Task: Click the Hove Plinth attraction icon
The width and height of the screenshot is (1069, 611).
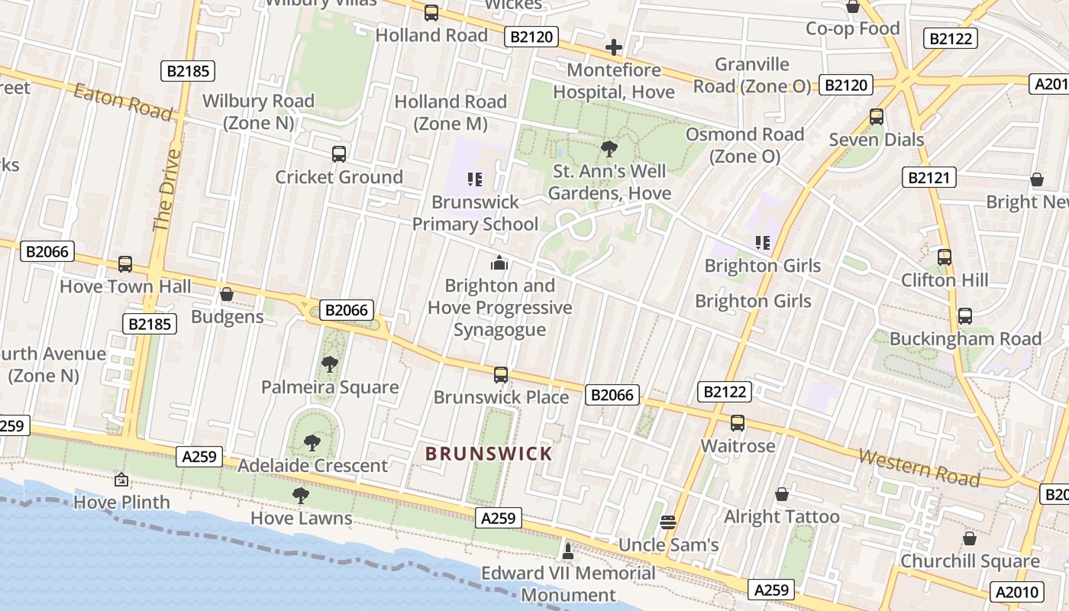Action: coord(121,480)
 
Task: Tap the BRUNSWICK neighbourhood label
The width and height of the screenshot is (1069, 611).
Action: coord(489,454)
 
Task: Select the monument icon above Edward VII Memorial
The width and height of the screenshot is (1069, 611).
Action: coord(567,550)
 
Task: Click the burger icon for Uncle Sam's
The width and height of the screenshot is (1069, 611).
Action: coord(668,522)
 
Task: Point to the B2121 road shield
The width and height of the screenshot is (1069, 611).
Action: coord(929,178)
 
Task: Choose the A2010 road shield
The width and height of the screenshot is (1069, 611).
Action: coord(1016,591)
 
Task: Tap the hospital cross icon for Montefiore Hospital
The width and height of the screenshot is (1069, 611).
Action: coord(613,48)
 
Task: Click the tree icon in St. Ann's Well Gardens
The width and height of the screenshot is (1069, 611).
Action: coord(609,148)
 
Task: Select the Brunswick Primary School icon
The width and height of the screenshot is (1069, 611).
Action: coord(475,179)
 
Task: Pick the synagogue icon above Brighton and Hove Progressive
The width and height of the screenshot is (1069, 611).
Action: coord(499,263)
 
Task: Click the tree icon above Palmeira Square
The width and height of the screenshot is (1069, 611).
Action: coord(330,364)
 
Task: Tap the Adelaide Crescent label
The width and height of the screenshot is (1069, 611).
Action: coord(313,465)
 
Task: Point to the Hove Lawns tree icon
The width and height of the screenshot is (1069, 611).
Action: coord(301,495)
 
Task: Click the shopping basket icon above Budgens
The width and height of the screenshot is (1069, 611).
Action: coord(226,294)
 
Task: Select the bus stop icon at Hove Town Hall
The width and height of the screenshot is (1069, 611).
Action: coord(125,264)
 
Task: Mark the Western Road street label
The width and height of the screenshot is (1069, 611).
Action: coord(919,467)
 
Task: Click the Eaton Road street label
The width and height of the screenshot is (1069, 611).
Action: coord(123,102)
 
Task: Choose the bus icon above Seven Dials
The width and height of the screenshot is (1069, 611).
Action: coord(877,117)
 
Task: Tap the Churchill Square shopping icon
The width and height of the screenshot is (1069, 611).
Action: coord(969,538)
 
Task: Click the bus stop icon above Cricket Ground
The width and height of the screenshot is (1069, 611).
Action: coord(339,154)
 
